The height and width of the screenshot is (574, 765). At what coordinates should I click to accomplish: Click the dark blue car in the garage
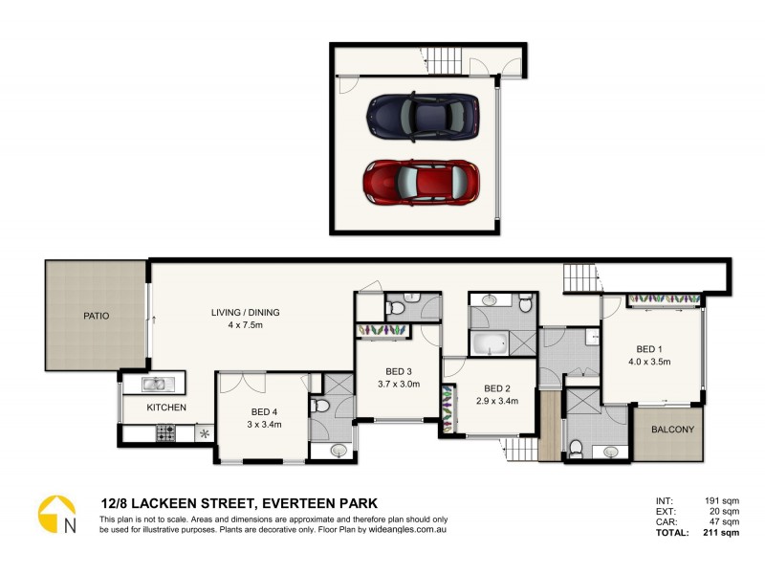coord(422,115)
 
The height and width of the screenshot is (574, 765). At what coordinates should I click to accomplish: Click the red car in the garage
coord(421,182)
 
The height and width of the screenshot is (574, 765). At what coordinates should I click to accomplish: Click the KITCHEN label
coord(165,408)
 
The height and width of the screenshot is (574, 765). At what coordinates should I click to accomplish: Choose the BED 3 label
coord(399,371)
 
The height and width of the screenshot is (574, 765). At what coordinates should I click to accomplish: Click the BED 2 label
coord(495,387)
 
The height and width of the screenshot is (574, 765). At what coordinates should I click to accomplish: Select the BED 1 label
coord(651,348)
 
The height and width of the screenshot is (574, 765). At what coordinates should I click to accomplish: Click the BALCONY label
coord(672,430)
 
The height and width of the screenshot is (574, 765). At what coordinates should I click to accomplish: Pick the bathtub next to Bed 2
coord(490,342)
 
